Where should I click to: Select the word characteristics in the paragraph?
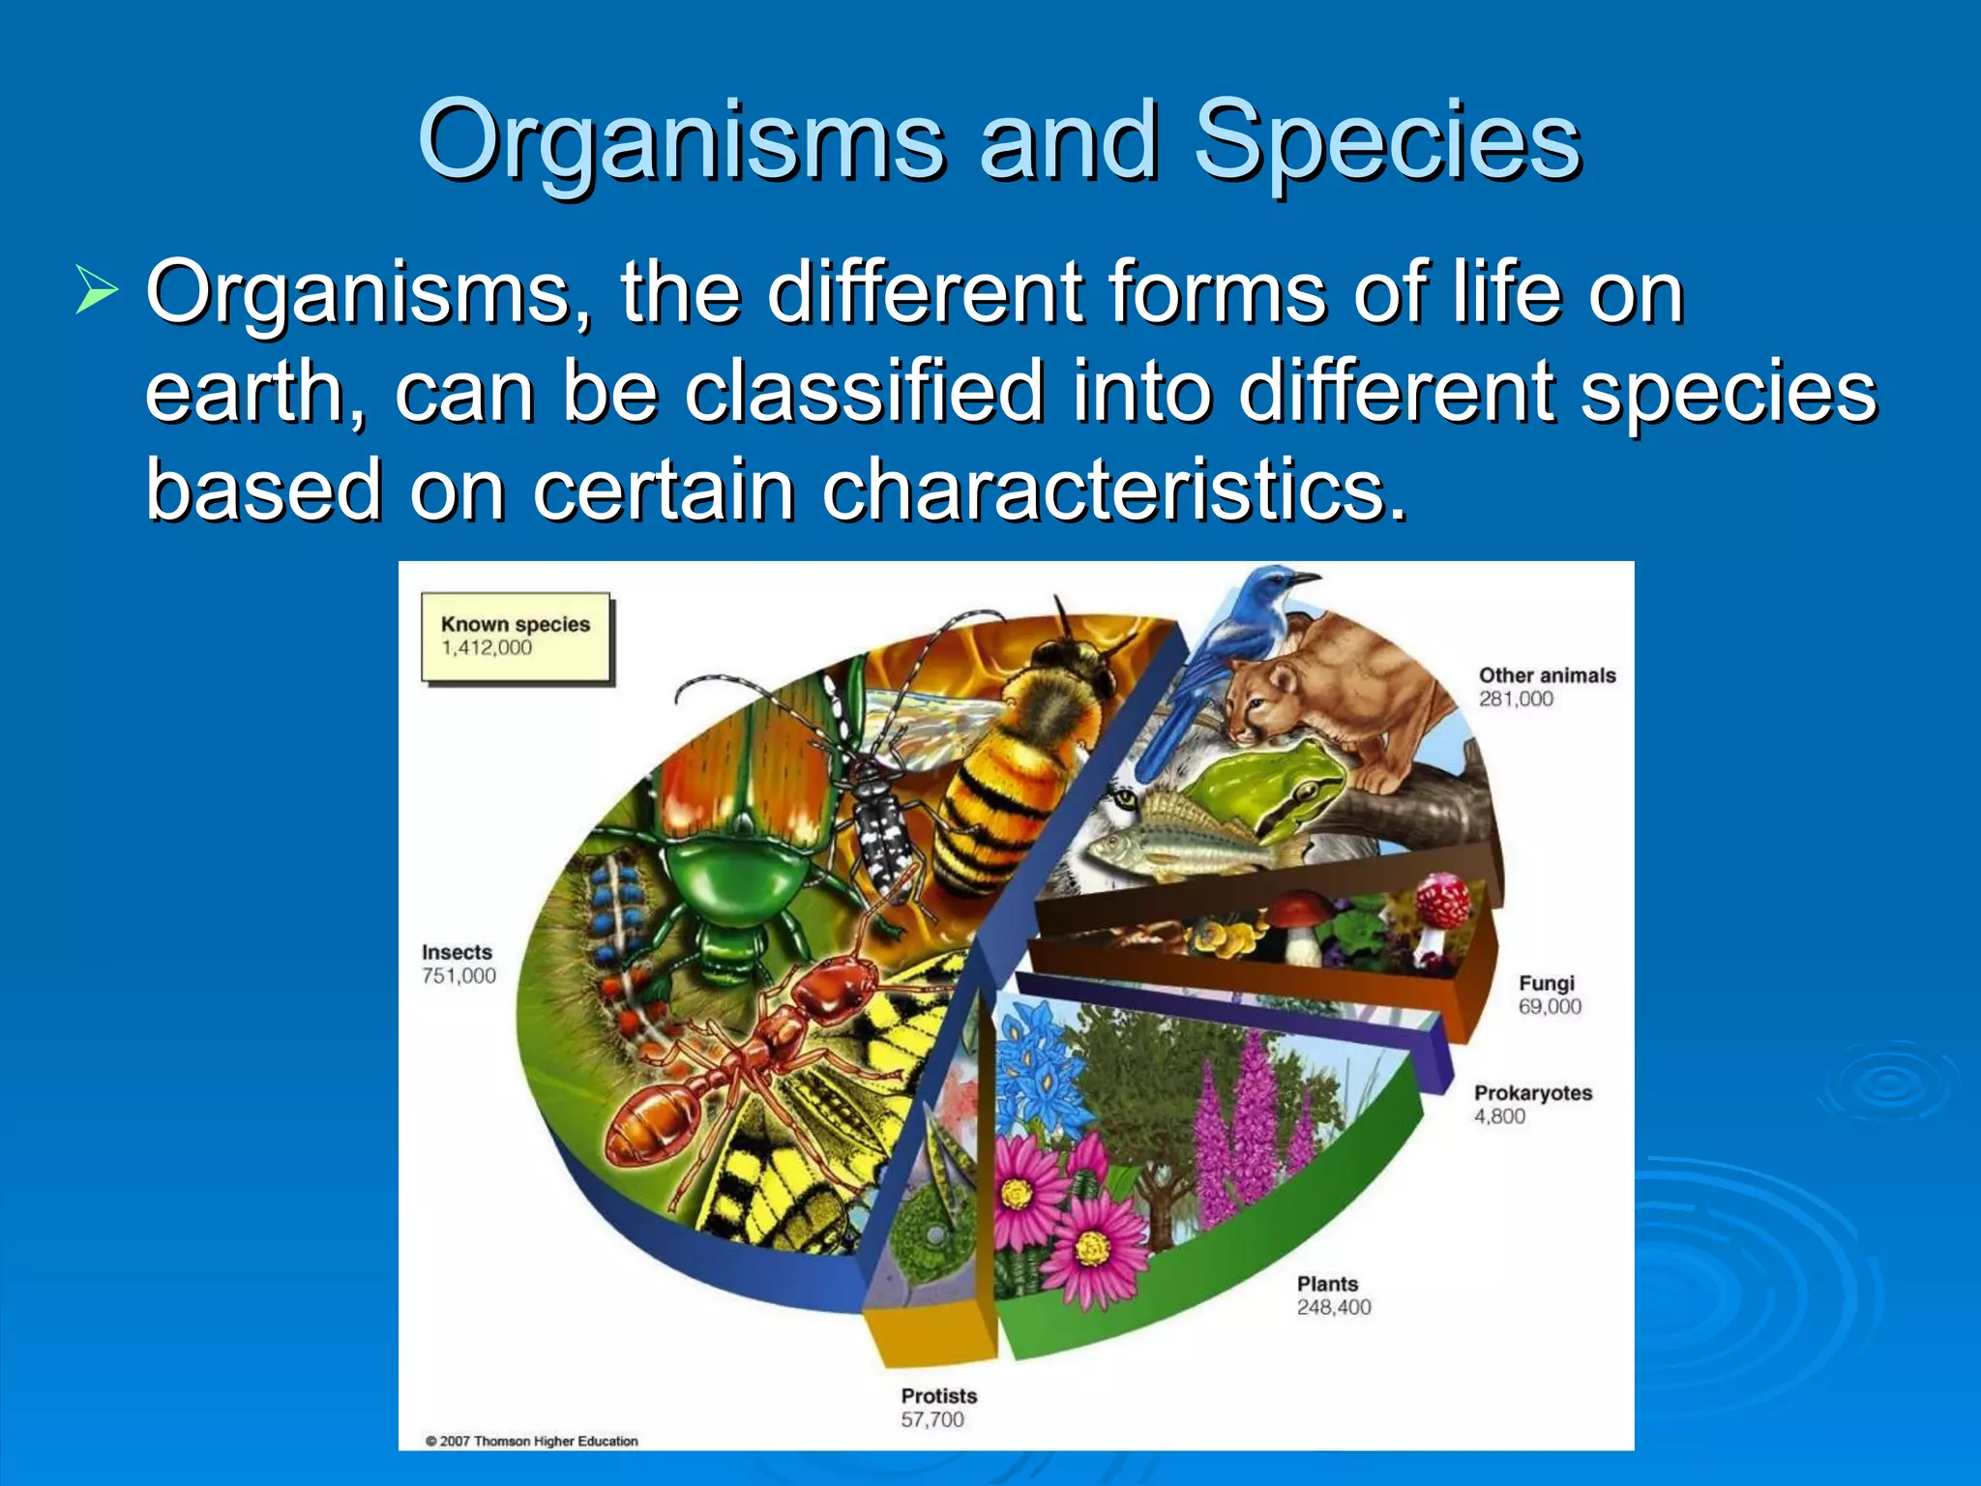click(x=1112, y=490)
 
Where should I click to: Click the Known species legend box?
click(x=516, y=638)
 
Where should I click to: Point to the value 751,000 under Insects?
click(x=458, y=976)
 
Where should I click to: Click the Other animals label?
click(x=1547, y=675)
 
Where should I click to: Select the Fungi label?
click(x=1546, y=983)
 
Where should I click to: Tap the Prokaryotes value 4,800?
click(x=1499, y=1116)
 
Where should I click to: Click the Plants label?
click(x=1327, y=1284)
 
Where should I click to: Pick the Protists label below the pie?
click(x=938, y=1396)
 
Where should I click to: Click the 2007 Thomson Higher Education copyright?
click(x=532, y=1441)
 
